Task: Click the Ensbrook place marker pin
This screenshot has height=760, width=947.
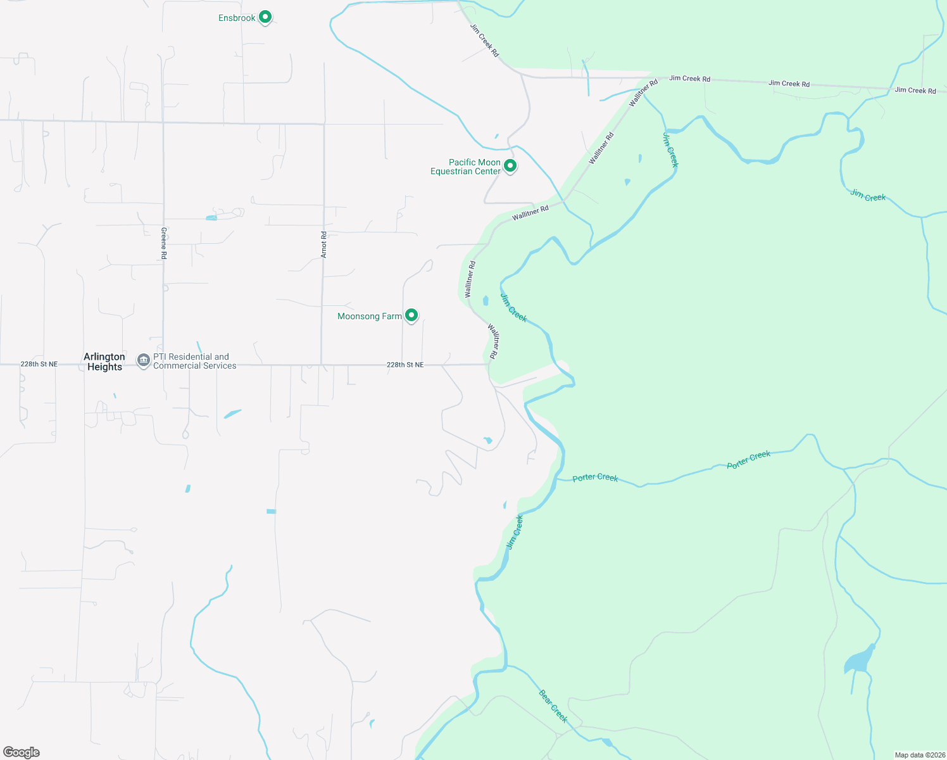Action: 266,17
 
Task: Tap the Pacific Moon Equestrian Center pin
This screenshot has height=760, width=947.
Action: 510,166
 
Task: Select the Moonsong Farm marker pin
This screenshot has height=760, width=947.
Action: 411,315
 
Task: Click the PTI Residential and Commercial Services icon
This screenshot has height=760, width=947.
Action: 144,361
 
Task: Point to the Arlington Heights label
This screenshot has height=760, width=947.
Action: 104,362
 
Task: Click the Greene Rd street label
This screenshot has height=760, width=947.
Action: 163,243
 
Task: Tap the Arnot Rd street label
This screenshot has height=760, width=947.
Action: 323,244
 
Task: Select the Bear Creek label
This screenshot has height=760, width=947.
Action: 553,706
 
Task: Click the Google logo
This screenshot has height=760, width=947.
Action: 22,752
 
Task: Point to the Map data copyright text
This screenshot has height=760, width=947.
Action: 919,755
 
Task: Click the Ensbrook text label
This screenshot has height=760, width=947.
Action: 237,18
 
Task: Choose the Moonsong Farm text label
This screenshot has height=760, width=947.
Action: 370,316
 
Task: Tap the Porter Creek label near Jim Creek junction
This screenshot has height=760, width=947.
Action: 595,478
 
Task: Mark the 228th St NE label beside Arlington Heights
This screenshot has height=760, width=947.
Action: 39,364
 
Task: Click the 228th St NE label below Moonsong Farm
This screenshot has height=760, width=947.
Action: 405,365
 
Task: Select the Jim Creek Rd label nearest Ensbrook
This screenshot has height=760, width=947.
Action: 484,41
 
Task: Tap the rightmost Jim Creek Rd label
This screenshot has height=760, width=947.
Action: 915,91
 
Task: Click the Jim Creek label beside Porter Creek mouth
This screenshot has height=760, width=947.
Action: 515,532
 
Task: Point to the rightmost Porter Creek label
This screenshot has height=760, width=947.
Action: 749,459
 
